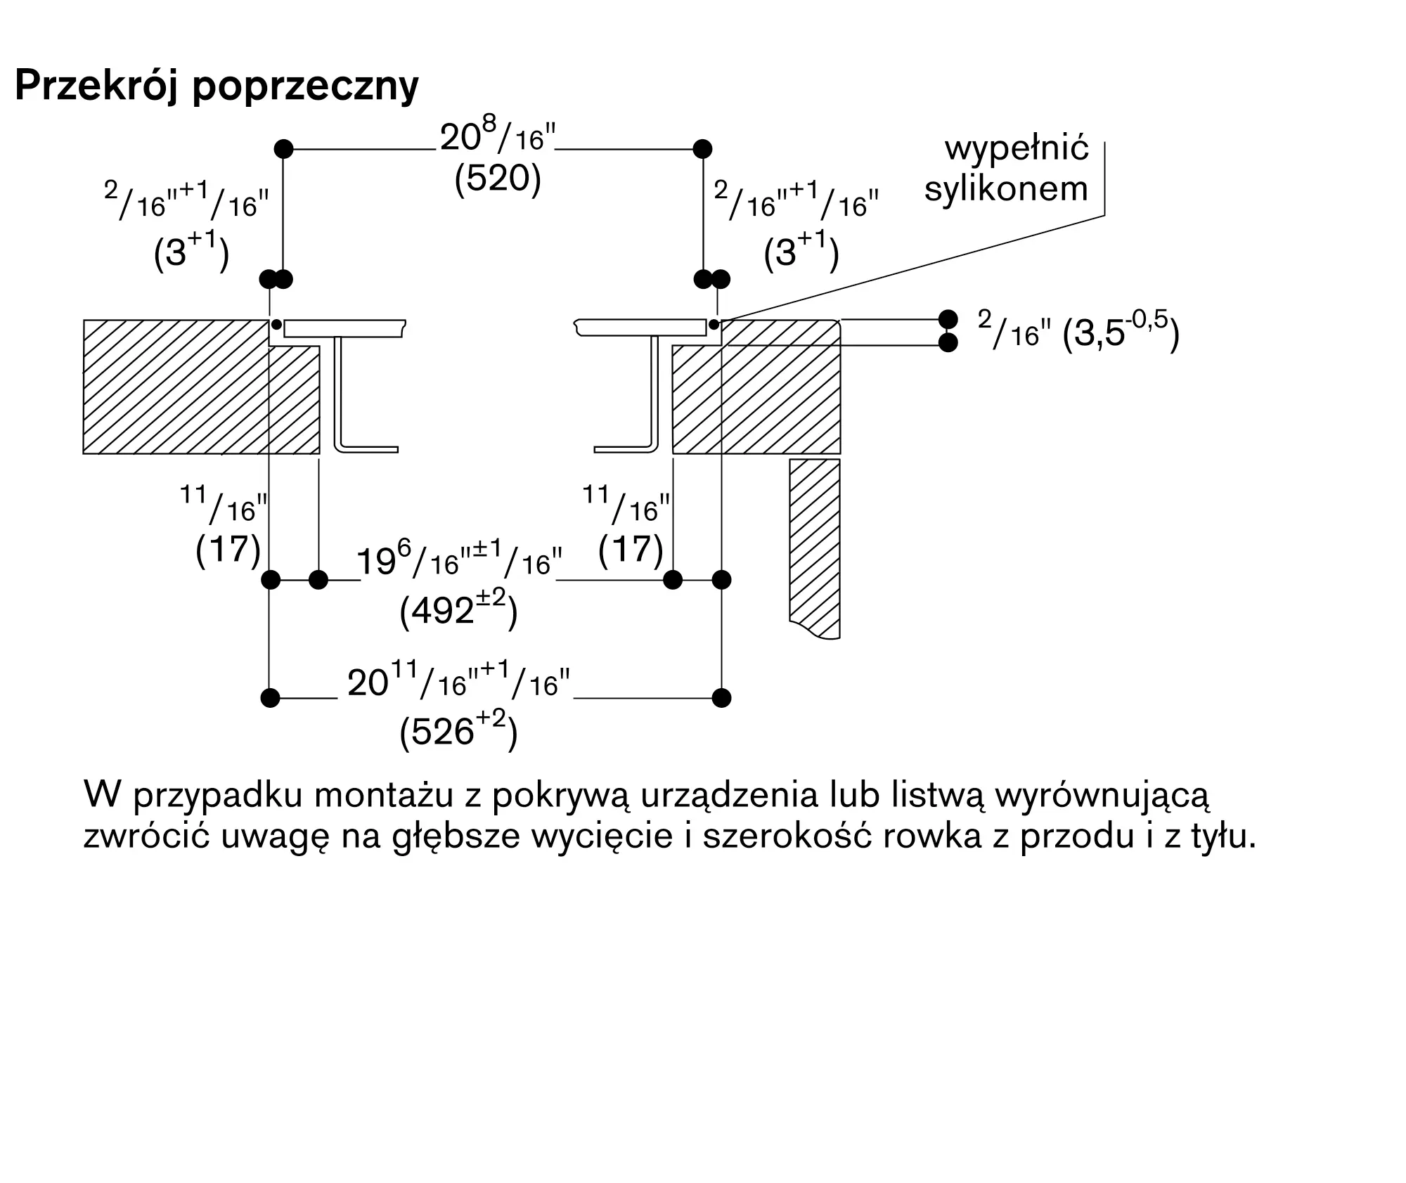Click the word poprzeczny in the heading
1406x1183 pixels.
click(x=305, y=88)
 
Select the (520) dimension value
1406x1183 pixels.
click(x=498, y=179)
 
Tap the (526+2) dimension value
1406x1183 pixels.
click(x=458, y=732)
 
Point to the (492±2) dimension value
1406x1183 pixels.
click(x=458, y=609)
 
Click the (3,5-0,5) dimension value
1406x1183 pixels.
click(x=1121, y=332)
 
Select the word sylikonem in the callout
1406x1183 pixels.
click(x=1006, y=188)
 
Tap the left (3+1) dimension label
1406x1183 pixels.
click(x=191, y=252)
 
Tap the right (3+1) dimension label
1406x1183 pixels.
click(x=801, y=252)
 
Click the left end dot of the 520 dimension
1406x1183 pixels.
click(x=283, y=149)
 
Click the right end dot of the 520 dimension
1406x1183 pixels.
click(x=702, y=149)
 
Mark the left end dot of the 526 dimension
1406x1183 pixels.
click(x=270, y=698)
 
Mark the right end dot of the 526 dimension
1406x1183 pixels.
click(x=721, y=698)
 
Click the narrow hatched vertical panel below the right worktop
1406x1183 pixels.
click(x=815, y=541)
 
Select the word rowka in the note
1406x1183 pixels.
click(x=931, y=836)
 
